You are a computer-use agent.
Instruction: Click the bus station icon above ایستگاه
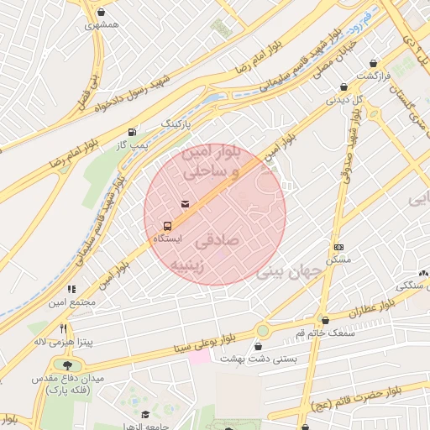tap(166, 226)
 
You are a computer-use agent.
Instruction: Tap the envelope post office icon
tap(185, 204)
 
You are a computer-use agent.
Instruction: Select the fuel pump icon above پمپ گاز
tap(132, 133)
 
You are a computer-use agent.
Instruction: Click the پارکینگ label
tap(176, 123)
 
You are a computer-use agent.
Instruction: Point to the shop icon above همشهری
tap(102, 13)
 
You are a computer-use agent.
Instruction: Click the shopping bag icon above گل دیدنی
tap(343, 87)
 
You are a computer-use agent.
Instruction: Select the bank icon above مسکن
tap(338, 247)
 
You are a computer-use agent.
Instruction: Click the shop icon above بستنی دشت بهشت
tap(259, 345)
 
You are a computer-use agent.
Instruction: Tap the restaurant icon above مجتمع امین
tap(71, 289)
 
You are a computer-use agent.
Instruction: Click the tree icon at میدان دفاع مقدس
tap(66, 364)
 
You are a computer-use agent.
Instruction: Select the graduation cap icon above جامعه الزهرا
tap(145, 414)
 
